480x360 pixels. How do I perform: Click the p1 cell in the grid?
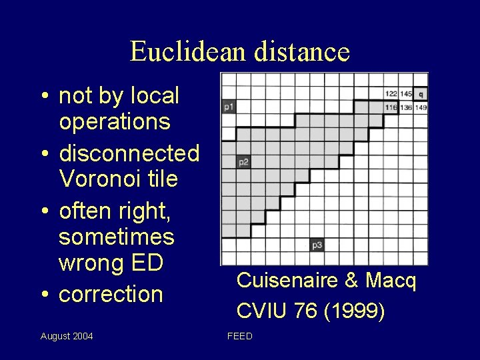[x=229, y=106]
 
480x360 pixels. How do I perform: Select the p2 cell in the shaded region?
[x=243, y=162]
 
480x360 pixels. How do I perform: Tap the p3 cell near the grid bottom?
[x=317, y=245]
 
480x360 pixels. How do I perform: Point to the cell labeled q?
[x=421, y=95]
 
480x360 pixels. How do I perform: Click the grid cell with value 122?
[x=391, y=95]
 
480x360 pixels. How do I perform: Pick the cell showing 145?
[x=405, y=95]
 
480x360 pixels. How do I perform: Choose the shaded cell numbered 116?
[x=391, y=107]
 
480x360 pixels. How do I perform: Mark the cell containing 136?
[x=405, y=107]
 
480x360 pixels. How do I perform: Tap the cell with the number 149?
[x=421, y=107]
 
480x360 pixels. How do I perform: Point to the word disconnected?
[x=129, y=153]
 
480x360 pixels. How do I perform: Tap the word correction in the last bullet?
[x=111, y=294]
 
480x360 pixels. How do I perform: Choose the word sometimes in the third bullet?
[x=117, y=237]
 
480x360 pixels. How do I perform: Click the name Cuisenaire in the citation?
[x=286, y=281]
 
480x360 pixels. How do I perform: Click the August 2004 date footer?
[x=67, y=336]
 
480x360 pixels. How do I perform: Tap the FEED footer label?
[x=240, y=336]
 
